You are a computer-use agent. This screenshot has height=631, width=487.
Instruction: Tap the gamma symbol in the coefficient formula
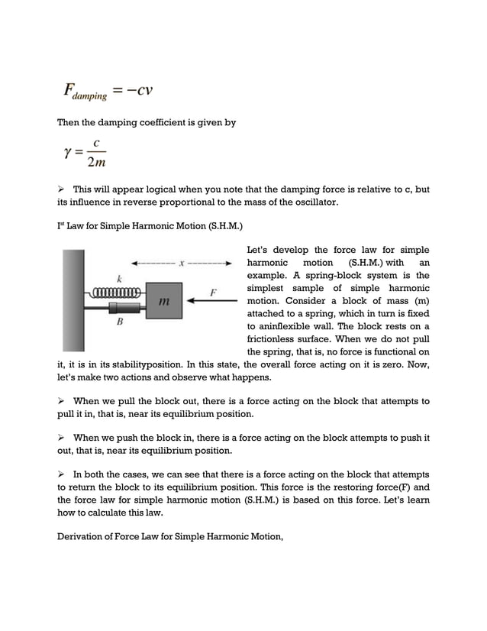[68, 151]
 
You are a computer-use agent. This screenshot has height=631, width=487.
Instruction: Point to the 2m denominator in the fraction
[96, 162]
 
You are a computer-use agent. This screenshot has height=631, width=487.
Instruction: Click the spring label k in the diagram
[119, 278]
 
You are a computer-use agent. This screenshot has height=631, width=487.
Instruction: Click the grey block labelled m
[163, 301]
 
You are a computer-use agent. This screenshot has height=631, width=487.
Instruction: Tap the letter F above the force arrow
[214, 291]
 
